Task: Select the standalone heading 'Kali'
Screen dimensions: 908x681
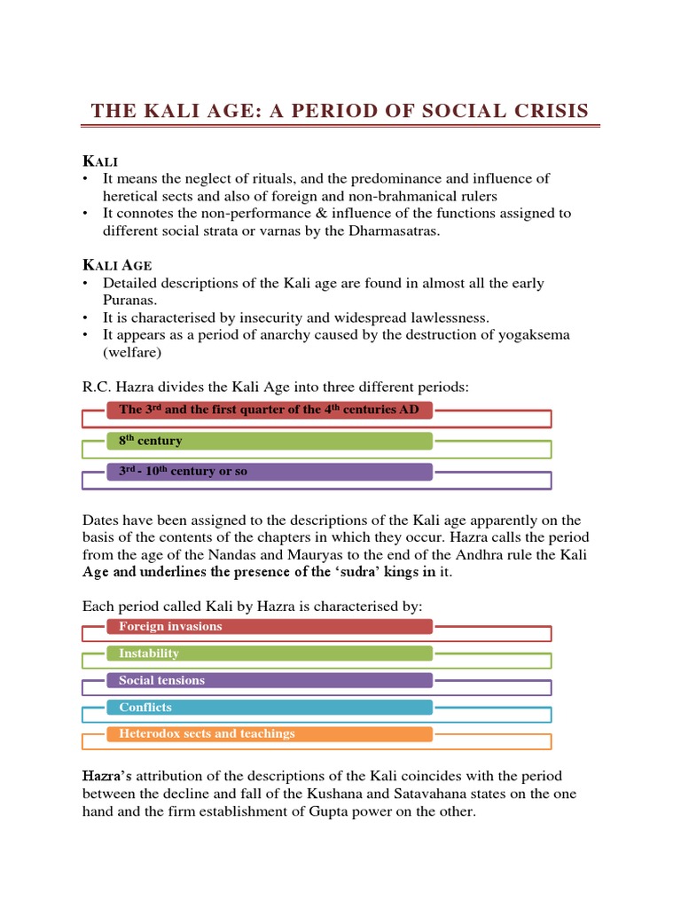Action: click(100, 160)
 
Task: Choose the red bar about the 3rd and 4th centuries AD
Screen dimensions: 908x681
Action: click(270, 411)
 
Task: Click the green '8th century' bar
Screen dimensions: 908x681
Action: click(270, 441)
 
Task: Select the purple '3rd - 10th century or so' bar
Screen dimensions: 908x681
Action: click(270, 472)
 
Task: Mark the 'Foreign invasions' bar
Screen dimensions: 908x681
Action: click(270, 626)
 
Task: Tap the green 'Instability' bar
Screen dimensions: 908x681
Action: click(270, 654)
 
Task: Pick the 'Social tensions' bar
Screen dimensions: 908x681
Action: click(270, 680)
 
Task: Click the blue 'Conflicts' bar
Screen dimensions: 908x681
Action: click(270, 708)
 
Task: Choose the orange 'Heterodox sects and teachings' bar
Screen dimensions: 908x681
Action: click(270, 734)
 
